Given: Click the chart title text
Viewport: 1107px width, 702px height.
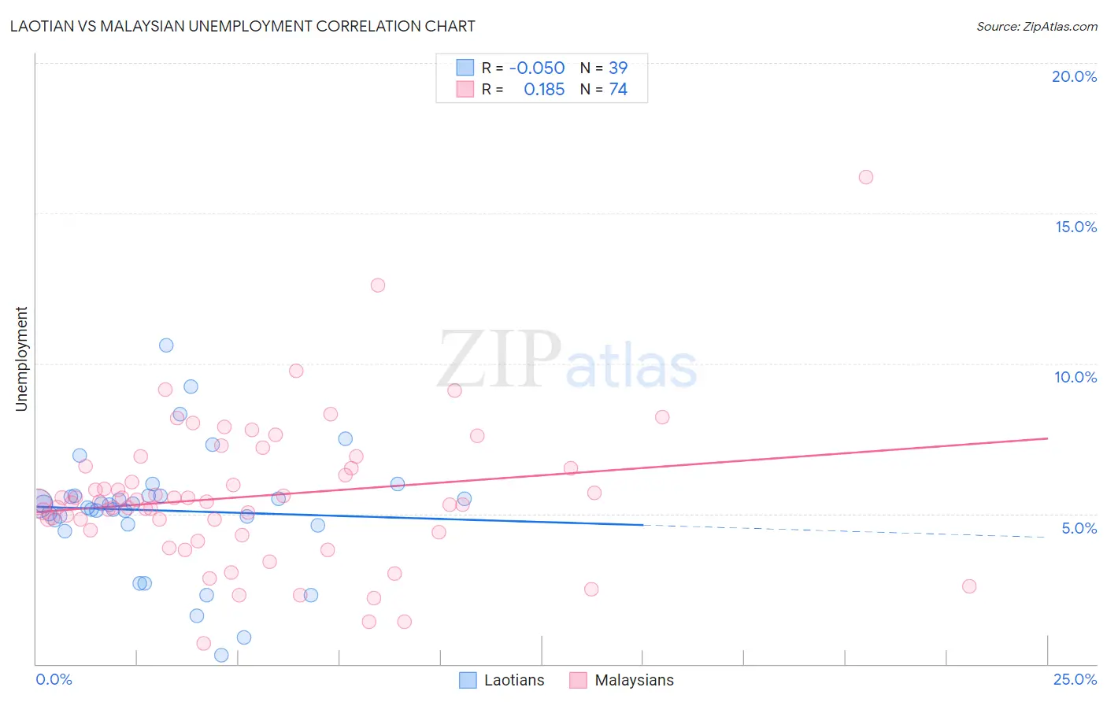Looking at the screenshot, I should coord(243,26).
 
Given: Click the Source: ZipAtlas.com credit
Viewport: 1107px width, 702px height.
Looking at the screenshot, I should coord(1036,26).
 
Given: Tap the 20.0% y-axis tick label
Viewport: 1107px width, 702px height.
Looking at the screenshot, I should coord(1074,76).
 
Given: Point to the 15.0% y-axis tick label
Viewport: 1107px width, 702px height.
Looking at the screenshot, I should coord(1076,227).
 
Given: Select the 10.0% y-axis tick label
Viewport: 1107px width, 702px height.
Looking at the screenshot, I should coord(1076,377).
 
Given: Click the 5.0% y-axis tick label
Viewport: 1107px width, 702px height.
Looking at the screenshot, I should coord(1079,527).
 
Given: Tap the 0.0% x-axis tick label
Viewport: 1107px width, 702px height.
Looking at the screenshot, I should coord(54,679).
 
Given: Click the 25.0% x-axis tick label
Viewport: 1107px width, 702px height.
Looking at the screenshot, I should coord(1075,679).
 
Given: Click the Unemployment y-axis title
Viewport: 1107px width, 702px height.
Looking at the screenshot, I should coord(21,359).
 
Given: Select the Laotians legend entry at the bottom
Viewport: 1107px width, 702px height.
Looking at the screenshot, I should coord(502,680).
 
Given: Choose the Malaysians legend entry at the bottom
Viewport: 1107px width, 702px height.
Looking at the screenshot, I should coord(622,680).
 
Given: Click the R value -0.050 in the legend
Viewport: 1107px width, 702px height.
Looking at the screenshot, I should coord(536,68).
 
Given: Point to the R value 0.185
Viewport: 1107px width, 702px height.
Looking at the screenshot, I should coord(544,90).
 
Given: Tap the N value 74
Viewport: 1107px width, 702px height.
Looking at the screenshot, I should coord(618,90).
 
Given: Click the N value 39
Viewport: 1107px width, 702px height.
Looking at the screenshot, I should coord(618,68).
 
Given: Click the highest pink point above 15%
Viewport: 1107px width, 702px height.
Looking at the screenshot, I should coord(865,177).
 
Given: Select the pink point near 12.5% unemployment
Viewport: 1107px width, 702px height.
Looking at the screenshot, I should coord(378,285).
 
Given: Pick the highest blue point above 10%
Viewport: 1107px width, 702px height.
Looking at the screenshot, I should coord(166,345).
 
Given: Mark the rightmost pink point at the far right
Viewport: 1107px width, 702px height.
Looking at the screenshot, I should coord(969,586).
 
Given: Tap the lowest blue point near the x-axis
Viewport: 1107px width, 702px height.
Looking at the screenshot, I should coord(221,655).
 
